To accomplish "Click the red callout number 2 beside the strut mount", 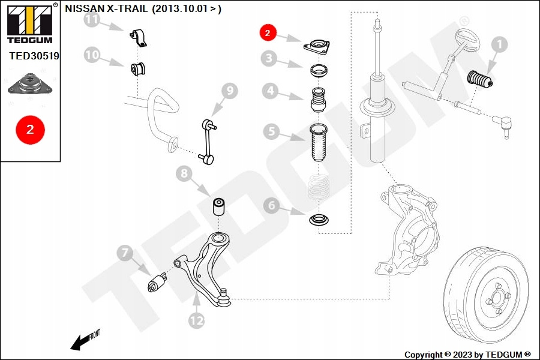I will (x=268, y=32).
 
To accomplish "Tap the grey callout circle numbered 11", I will (x=91, y=20).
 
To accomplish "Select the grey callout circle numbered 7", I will (x=125, y=253).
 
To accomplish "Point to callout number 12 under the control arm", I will (x=197, y=320).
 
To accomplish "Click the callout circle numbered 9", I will (x=229, y=91).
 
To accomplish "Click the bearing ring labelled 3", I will (x=318, y=70).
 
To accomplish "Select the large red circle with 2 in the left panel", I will (x=30, y=129).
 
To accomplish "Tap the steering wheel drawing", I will (x=468, y=44).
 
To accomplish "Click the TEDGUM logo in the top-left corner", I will (x=28, y=23).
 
